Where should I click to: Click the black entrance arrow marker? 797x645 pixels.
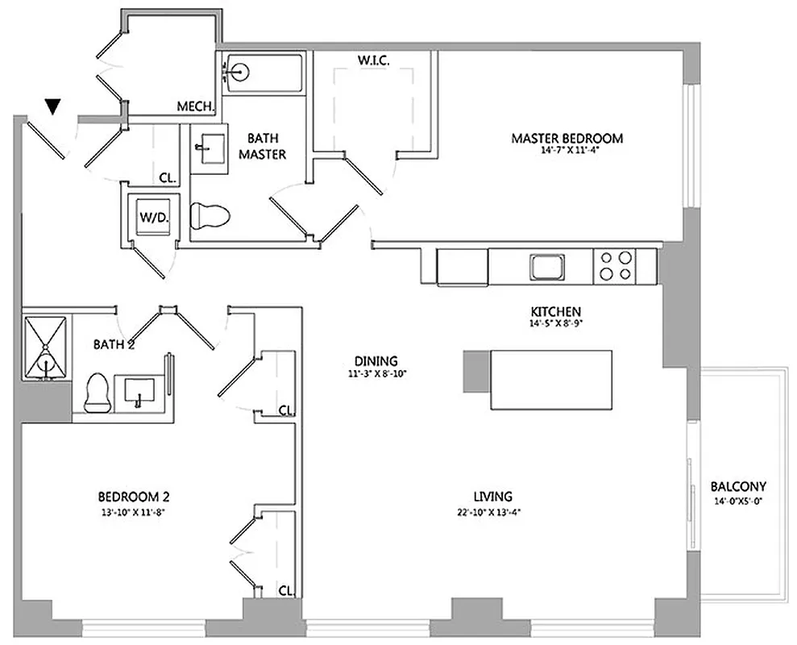click(x=53, y=105)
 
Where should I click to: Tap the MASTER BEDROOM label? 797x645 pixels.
click(x=567, y=138)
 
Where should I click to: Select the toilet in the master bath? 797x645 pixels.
click(x=210, y=216)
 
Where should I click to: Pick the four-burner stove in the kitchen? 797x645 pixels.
click(x=616, y=266)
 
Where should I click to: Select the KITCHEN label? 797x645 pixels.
click(x=555, y=312)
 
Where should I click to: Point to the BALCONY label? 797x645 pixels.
click(x=737, y=487)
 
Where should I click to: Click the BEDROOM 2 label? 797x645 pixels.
click(x=133, y=497)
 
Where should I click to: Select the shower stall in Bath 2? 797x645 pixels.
click(x=48, y=348)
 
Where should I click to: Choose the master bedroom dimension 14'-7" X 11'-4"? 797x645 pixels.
click(x=567, y=150)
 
